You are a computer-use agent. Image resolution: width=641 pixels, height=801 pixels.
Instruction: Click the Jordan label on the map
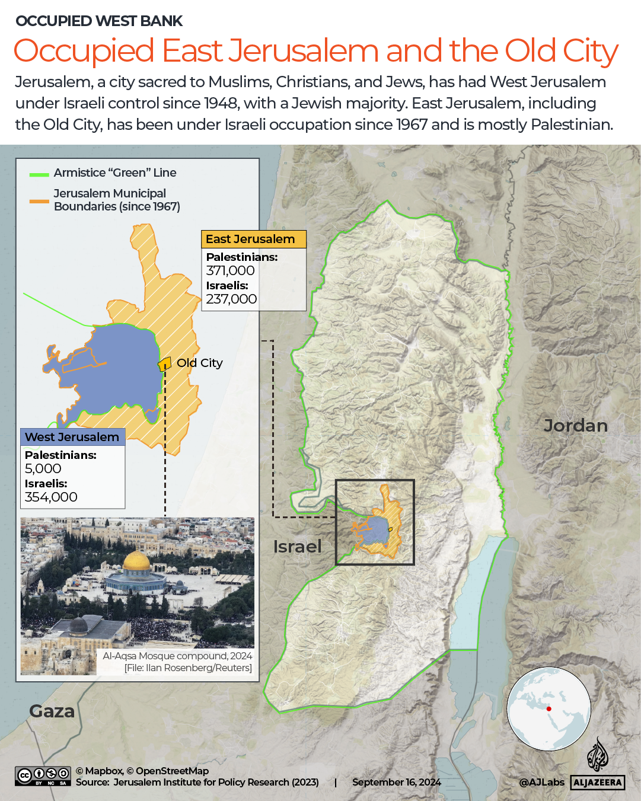point(575,426)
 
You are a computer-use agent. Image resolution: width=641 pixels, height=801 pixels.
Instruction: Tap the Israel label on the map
point(297,547)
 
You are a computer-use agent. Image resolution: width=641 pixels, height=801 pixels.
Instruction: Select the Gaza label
point(52,711)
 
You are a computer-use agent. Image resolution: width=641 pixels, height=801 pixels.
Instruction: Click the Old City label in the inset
point(199,363)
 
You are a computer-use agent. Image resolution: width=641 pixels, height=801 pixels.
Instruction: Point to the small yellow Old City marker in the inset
point(164,364)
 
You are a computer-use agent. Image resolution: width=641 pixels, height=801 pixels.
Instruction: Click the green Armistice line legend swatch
point(39,174)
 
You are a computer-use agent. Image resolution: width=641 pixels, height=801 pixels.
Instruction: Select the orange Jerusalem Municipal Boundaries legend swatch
point(39,202)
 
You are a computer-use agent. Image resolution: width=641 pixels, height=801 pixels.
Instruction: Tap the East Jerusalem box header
point(253,239)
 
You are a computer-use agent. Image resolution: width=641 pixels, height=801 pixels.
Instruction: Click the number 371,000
point(230,271)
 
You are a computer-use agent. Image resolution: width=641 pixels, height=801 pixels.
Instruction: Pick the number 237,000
point(231,299)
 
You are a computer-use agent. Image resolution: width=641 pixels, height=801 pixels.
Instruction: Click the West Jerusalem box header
point(72,437)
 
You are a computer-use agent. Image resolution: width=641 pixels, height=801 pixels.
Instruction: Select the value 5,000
point(43,469)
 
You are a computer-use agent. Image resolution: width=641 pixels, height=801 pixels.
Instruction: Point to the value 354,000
point(51,497)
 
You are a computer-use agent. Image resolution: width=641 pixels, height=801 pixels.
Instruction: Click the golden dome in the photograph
point(136,560)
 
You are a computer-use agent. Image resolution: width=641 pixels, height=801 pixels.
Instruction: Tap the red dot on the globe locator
point(548,709)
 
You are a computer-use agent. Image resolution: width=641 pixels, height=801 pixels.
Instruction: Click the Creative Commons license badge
point(43,776)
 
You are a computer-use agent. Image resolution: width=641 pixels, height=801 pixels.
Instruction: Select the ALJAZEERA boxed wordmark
point(598,783)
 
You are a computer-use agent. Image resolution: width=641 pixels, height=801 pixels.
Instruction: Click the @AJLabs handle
point(541,783)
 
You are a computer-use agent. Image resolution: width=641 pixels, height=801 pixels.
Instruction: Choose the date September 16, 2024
point(396,783)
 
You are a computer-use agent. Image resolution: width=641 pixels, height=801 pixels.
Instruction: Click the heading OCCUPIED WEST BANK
point(99,21)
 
